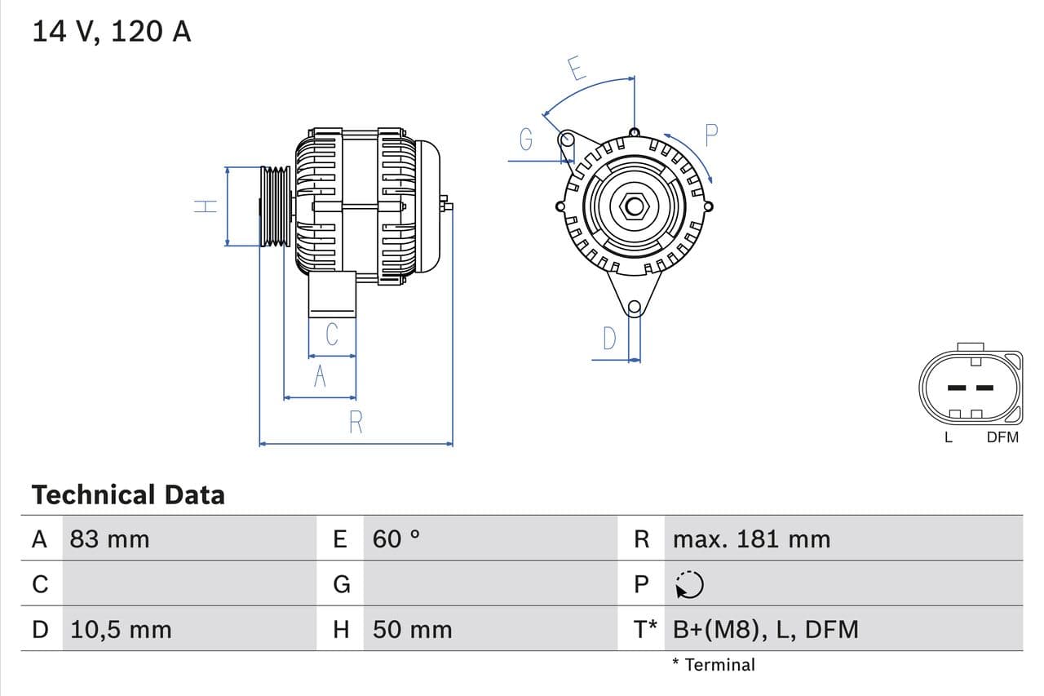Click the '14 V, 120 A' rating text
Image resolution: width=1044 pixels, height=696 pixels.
click(x=111, y=32)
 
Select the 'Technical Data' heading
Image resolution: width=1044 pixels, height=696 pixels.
click(x=127, y=494)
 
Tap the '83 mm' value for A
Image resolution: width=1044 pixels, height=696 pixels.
click(x=109, y=539)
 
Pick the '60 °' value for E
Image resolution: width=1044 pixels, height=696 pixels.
click(x=396, y=539)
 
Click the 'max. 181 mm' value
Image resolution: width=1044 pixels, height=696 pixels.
click(x=751, y=539)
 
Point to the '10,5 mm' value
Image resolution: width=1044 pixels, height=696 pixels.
click(x=121, y=629)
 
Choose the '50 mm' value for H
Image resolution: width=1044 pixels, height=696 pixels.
click(x=412, y=629)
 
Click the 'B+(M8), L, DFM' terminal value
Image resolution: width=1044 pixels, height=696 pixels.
click(x=766, y=629)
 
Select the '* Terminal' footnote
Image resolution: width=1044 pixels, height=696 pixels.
click(x=714, y=664)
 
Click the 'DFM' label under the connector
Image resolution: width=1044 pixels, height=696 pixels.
click(x=1002, y=437)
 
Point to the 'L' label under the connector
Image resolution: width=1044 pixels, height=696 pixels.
click(x=948, y=437)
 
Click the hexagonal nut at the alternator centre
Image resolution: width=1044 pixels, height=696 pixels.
click(x=634, y=206)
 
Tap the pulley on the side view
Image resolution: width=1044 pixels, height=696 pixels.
click(x=275, y=206)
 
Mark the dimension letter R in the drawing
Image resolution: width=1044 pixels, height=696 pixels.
click(x=356, y=423)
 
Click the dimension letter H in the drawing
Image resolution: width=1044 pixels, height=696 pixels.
click(x=206, y=206)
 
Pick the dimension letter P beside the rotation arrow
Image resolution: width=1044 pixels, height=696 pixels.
click(x=710, y=135)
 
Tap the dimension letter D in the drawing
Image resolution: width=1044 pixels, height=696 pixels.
click(x=609, y=338)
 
